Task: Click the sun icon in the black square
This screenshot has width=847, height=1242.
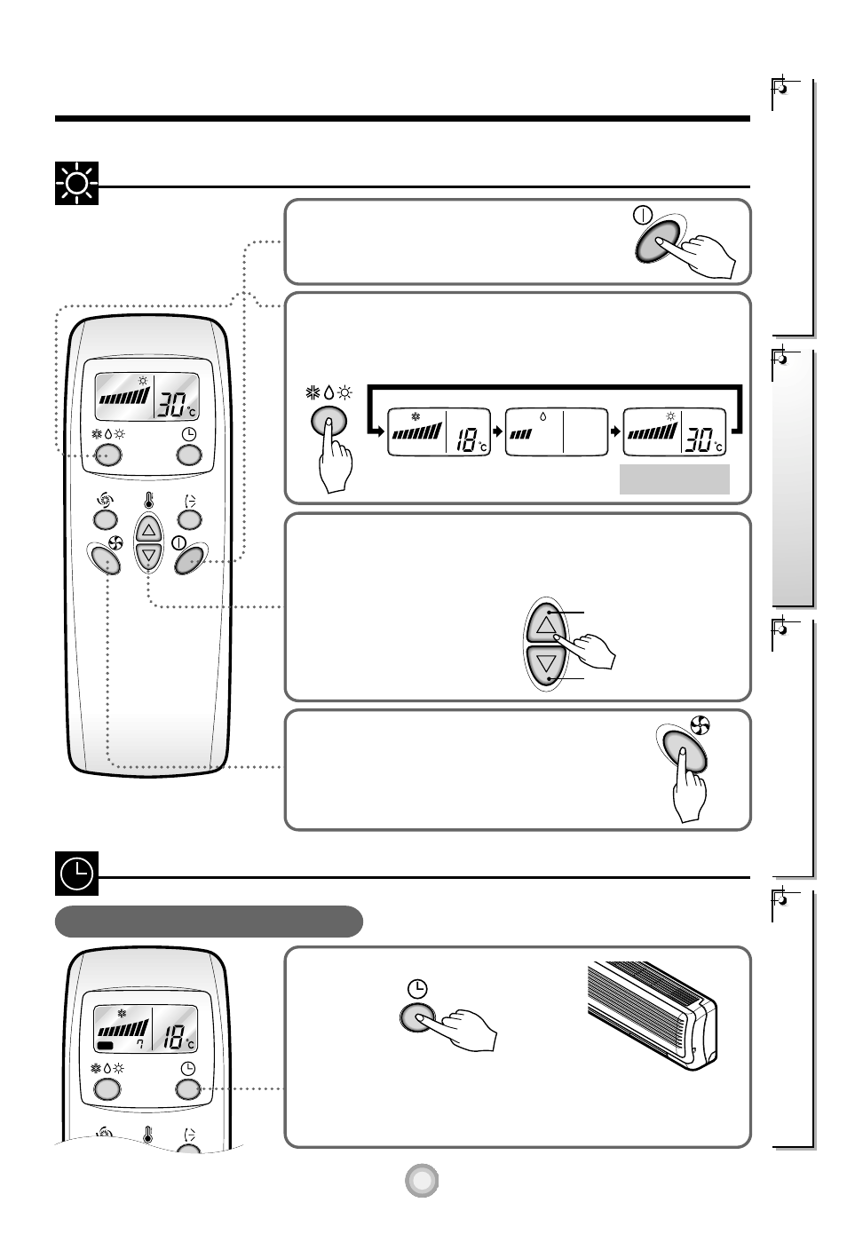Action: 76,184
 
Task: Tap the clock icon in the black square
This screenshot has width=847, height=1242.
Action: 76,874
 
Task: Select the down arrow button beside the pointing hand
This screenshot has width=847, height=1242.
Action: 545,662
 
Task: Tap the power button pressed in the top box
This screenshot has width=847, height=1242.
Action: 658,241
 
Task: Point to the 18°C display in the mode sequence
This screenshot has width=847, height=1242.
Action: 439,432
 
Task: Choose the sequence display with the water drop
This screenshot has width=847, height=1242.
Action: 556,432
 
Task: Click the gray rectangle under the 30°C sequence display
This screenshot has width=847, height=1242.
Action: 674,479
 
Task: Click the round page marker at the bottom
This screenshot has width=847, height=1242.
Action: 423,1180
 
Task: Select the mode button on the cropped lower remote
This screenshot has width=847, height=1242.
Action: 106,1089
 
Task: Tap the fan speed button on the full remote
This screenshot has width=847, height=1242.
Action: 105,560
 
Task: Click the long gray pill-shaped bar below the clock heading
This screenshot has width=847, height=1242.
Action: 209,921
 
